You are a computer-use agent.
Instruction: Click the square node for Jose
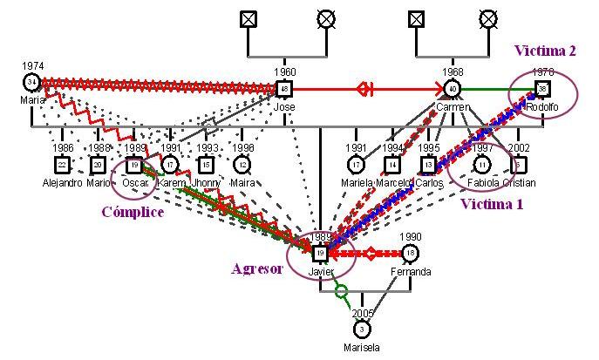click(x=283, y=88)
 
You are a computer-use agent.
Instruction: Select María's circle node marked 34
click(x=31, y=83)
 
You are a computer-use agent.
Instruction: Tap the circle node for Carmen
click(x=452, y=88)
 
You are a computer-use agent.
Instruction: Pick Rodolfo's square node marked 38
click(x=542, y=88)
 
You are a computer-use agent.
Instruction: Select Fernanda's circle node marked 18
click(x=411, y=254)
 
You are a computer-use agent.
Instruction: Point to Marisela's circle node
click(x=362, y=328)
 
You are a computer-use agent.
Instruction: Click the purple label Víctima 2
click(x=545, y=51)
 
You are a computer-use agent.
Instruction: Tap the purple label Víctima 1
click(x=492, y=204)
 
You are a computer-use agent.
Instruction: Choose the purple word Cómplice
click(x=133, y=213)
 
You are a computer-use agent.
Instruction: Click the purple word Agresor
click(x=257, y=268)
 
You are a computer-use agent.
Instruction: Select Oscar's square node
click(x=134, y=164)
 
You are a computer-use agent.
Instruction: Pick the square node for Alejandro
click(x=62, y=164)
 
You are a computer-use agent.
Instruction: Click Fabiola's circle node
click(x=482, y=164)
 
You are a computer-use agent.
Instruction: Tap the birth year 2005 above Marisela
click(x=363, y=313)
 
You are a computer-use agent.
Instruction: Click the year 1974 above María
click(x=33, y=65)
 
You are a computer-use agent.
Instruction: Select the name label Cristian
click(x=519, y=183)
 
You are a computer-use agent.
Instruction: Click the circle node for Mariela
click(x=356, y=164)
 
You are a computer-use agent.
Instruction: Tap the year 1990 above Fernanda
click(x=411, y=237)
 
